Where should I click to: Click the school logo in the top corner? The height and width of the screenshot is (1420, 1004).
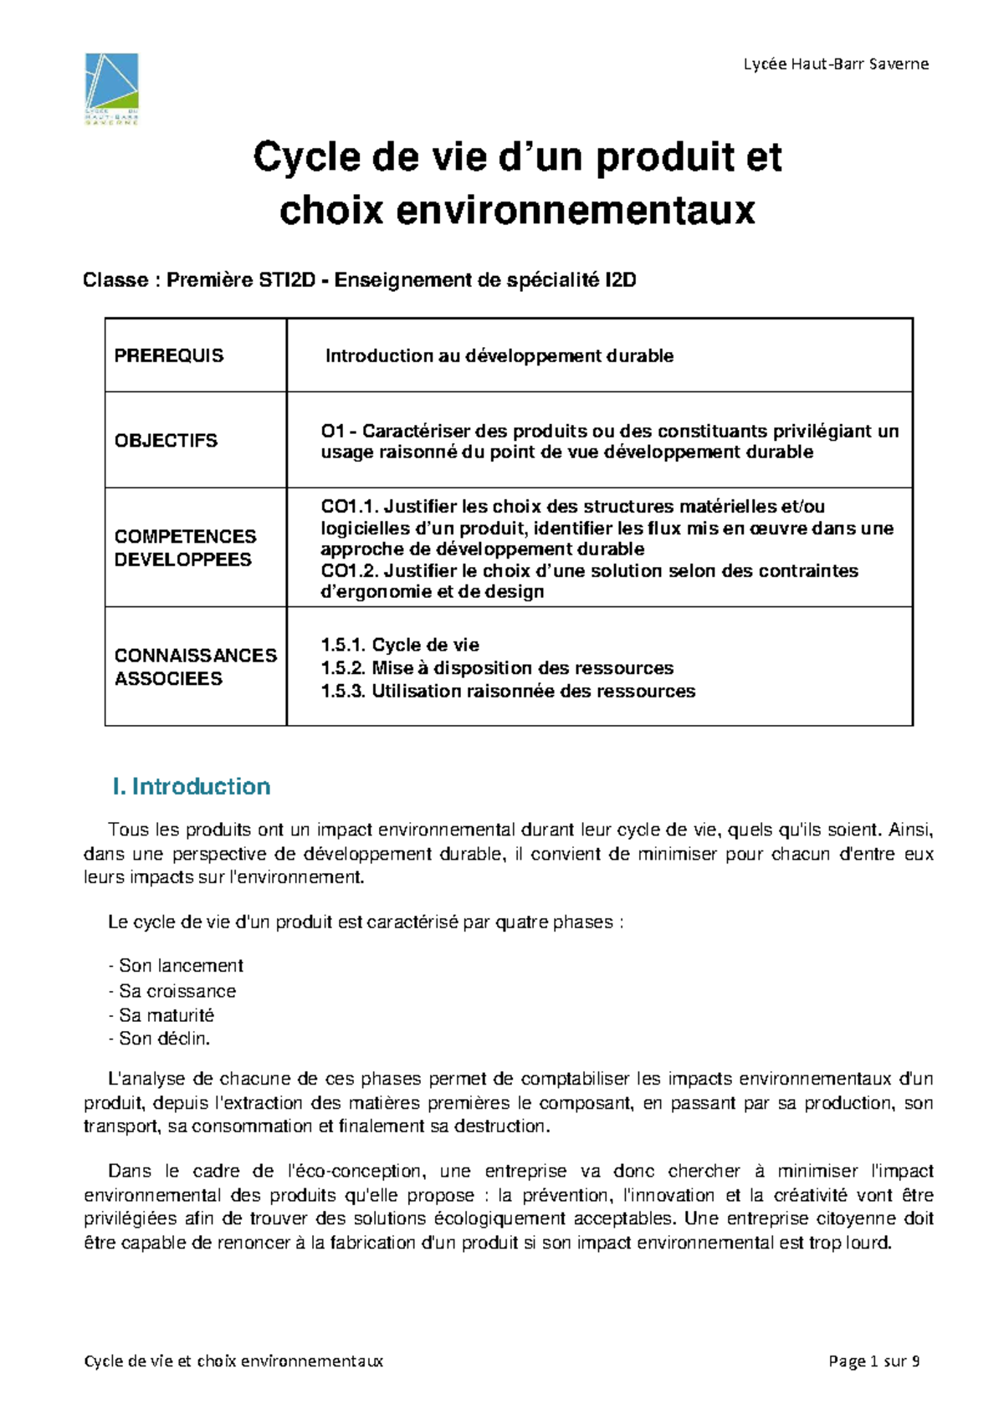[x=111, y=88]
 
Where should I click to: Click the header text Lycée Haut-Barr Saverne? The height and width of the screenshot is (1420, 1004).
[x=836, y=64]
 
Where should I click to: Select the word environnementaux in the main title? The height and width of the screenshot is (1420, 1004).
[x=576, y=210]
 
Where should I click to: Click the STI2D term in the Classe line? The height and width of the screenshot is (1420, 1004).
[x=287, y=280]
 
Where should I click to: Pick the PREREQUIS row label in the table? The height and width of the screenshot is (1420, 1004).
[x=169, y=356]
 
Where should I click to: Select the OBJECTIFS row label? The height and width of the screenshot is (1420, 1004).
[x=166, y=441]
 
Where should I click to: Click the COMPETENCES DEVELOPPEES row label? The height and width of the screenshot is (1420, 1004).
[x=185, y=548]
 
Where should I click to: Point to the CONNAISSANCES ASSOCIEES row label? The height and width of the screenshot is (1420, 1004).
[x=195, y=667]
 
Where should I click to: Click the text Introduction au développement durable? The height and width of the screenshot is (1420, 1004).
[x=499, y=356]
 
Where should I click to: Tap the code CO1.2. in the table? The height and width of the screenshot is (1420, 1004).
[x=350, y=571]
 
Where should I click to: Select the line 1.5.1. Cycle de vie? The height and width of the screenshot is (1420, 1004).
[x=400, y=645]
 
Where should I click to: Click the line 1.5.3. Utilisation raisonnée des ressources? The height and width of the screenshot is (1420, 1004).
[x=508, y=692]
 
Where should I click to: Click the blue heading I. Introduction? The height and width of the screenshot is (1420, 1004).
[x=192, y=787]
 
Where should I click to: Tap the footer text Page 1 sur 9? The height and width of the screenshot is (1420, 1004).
[x=873, y=1361]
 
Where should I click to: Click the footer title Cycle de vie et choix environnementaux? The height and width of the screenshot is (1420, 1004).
[x=233, y=1361]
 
